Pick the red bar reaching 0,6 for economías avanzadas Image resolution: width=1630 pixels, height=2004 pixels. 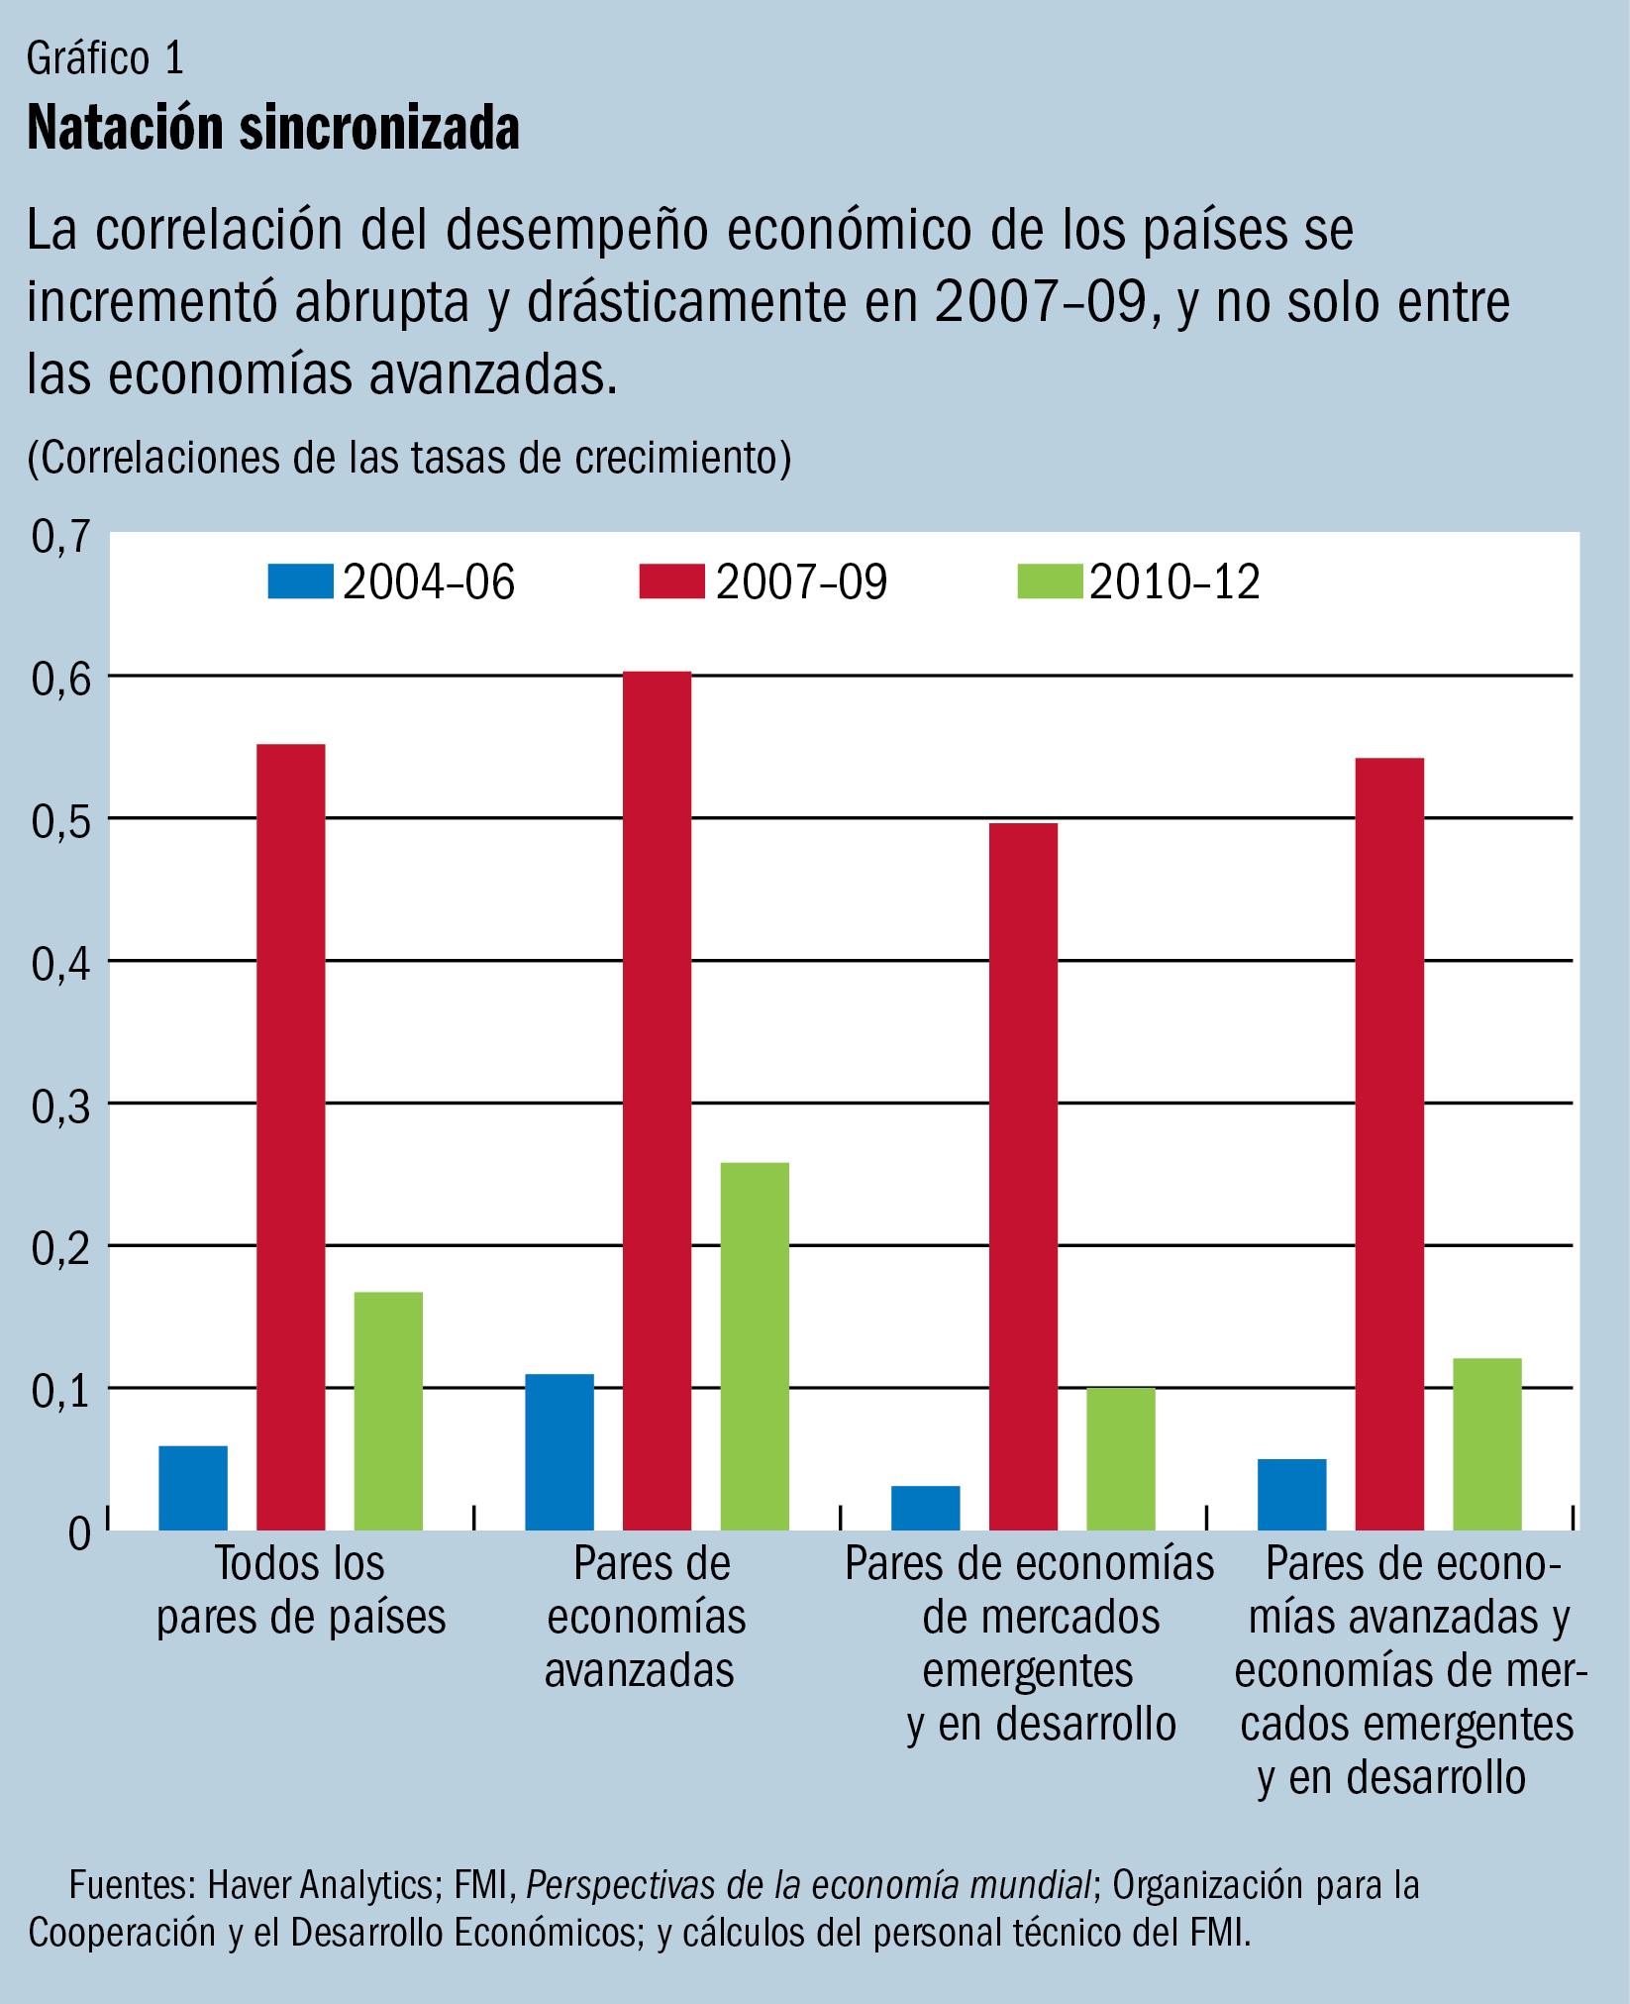coord(658,1100)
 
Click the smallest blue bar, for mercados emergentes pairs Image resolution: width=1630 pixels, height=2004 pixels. coord(925,1507)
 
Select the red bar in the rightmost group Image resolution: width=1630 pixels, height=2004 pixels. coord(1389,1143)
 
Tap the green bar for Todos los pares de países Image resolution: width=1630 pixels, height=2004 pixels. coord(388,1411)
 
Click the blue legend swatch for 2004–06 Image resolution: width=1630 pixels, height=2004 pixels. coord(301,581)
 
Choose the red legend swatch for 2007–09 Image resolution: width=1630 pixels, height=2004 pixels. coord(672,581)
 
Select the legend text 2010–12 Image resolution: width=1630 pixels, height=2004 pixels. coord(1174,583)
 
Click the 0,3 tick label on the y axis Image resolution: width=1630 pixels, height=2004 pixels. coord(61,1106)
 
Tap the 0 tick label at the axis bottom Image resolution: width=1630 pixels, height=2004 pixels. coord(78,1534)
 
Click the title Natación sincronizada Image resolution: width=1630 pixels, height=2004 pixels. coord(273,129)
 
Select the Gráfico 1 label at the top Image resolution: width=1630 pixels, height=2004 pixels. coord(105,60)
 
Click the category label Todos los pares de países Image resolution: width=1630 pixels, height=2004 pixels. coord(300,1591)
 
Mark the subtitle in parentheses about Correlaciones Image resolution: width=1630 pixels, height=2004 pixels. coord(409,458)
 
